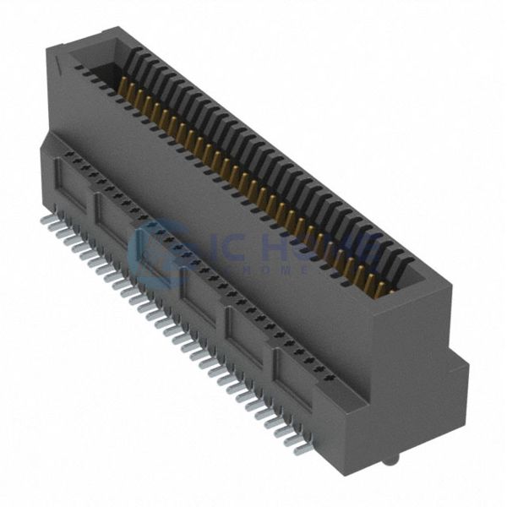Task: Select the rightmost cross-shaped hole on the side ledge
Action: [x=320, y=371]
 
